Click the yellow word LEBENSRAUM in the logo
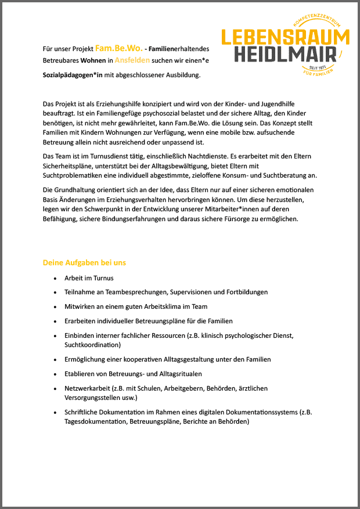pyautogui.click(x=286, y=37)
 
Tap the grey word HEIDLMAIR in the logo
pyautogui.click(x=286, y=55)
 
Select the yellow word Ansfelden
pyautogui.click(x=132, y=60)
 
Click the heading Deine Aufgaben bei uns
pyautogui.click(x=84, y=262)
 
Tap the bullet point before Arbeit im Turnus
pyautogui.click(x=55, y=278)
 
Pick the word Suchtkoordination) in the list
pyautogui.click(x=92, y=345)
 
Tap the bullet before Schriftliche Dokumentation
pyautogui.click(x=55, y=413)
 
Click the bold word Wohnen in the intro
pyautogui.click(x=93, y=60)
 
